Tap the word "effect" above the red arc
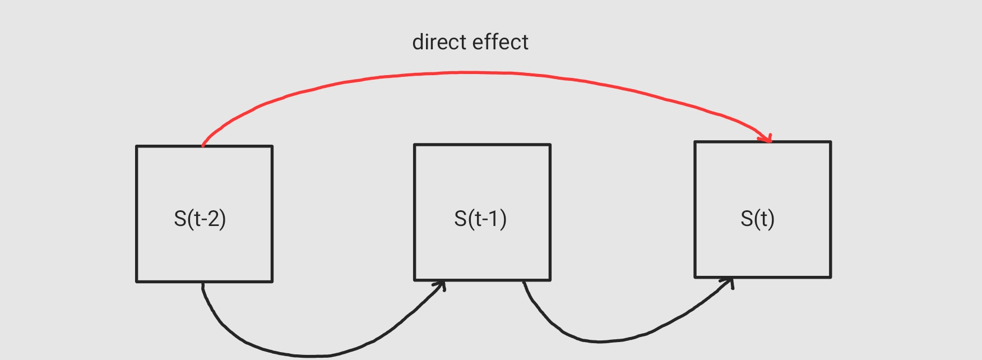(500, 42)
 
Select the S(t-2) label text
(200, 218)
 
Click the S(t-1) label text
(480, 218)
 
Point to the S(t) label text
(757, 218)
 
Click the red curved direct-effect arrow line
(465, 73)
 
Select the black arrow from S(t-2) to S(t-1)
(308, 356)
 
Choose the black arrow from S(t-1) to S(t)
(600, 341)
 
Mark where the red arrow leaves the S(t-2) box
(203, 145)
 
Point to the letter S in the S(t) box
(747, 218)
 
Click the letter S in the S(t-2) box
(180, 218)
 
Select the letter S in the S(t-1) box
(460, 218)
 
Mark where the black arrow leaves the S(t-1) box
(524, 282)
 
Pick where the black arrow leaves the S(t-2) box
(203, 284)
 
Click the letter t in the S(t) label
(761, 218)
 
